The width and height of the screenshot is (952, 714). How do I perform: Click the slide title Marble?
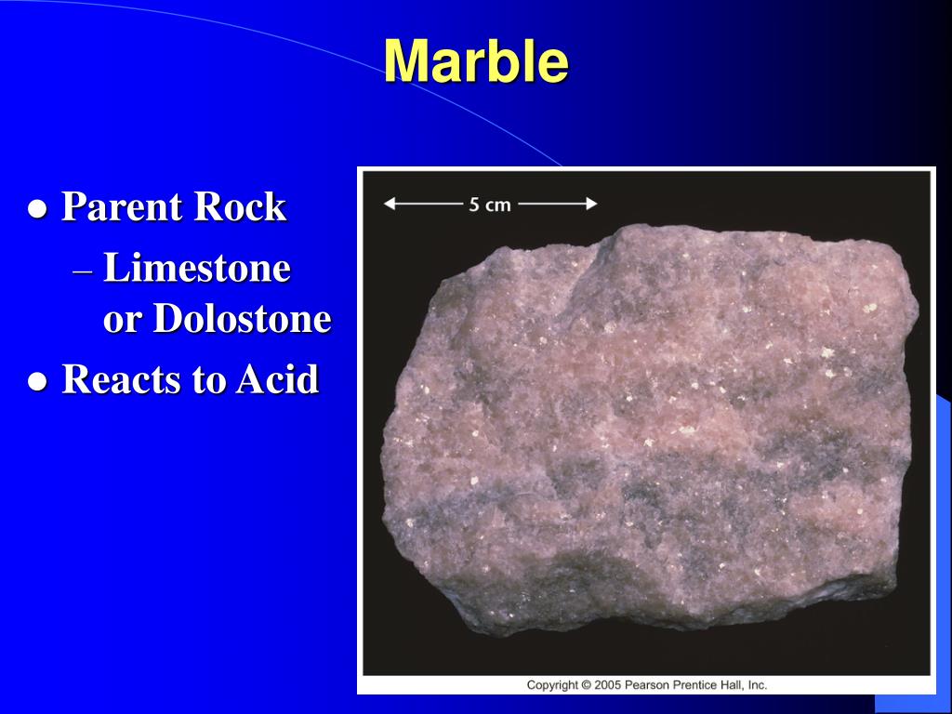coord(475,61)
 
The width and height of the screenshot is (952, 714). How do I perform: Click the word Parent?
coord(120,206)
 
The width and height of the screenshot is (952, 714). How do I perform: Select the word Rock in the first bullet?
coord(239,206)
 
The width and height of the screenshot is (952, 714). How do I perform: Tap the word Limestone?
coord(197,270)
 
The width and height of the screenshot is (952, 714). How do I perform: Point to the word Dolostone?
coord(242,319)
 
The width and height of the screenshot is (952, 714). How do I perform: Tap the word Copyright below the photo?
coord(553,685)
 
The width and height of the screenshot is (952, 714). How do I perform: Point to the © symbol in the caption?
coord(587,685)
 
